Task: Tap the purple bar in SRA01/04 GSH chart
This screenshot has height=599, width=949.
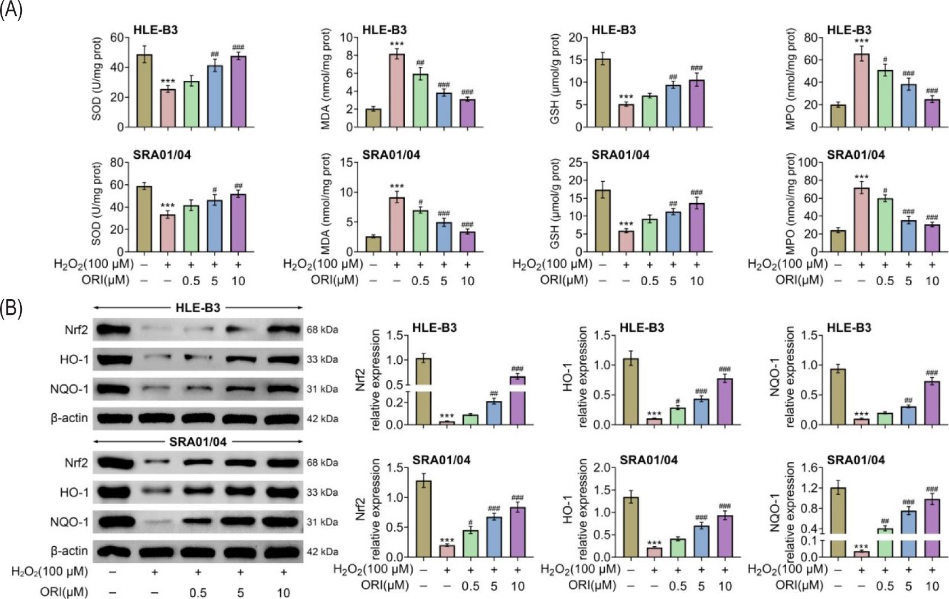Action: [697, 227]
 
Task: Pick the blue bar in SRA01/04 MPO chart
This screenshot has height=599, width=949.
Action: [909, 236]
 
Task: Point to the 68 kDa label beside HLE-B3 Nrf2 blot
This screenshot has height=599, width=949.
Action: [322, 330]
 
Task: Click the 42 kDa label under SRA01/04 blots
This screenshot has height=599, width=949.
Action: [322, 552]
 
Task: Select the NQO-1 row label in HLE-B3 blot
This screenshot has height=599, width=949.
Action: [69, 389]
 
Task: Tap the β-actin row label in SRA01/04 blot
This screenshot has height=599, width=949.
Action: [69, 551]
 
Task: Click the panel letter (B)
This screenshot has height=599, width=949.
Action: [11, 309]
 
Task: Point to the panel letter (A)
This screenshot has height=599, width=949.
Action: [11, 10]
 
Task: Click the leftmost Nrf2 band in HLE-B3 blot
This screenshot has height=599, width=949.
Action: [113, 330]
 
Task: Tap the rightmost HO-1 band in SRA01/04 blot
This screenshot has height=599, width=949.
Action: [283, 492]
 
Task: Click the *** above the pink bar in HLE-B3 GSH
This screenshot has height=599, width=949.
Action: [626, 98]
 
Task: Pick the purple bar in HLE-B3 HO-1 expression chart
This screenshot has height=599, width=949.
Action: [724, 402]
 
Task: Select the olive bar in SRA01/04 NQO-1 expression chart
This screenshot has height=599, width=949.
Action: [838, 522]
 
